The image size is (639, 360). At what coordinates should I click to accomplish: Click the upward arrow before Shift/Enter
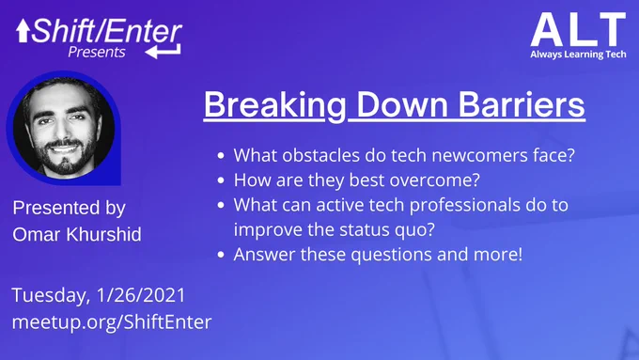click(x=23, y=31)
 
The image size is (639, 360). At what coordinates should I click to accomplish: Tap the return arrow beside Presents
click(x=163, y=52)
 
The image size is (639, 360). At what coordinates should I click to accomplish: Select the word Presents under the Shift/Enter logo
click(x=97, y=53)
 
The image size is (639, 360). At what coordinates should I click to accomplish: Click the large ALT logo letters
click(x=578, y=29)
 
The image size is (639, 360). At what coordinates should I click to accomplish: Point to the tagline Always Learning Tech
click(x=578, y=55)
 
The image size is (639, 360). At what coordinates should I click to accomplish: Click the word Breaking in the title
click(x=275, y=105)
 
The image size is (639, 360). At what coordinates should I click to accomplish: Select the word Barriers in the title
click(x=522, y=104)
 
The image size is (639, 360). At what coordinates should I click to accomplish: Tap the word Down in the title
click(x=402, y=104)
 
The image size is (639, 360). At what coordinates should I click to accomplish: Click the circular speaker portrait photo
click(x=64, y=127)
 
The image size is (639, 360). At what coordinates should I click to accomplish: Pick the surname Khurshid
click(x=103, y=234)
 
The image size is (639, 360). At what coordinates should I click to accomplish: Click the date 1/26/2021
click(x=141, y=295)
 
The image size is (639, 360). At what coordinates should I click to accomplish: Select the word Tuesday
click(x=51, y=296)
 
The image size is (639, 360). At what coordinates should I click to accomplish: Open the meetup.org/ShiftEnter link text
click(x=112, y=322)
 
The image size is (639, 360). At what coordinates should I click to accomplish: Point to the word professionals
click(x=464, y=206)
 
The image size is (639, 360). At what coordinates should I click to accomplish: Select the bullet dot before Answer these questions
click(x=221, y=255)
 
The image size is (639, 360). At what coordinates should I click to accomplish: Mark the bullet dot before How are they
click(x=221, y=180)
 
